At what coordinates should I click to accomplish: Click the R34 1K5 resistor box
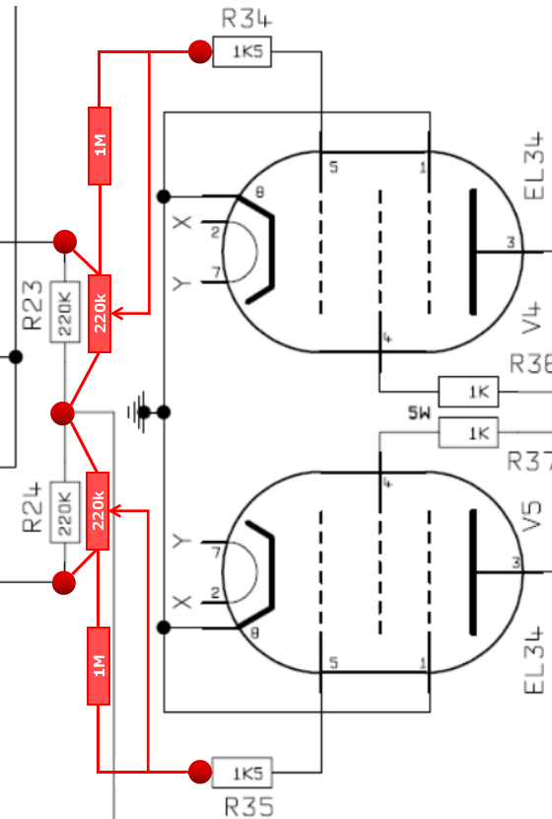click(242, 51)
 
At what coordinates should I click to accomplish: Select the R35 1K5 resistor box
click(242, 773)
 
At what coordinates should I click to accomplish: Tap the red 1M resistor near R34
click(100, 146)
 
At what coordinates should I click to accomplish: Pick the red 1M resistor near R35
click(99, 666)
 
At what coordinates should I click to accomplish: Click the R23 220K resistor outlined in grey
click(65, 312)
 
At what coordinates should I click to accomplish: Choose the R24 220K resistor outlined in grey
click(65, 512)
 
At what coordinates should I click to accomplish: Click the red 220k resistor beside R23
click(100, 314)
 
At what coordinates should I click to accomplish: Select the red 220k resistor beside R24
click(98, 511)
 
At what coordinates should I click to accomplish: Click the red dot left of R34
click(200, 51)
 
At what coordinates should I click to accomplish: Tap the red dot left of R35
click(200, 772)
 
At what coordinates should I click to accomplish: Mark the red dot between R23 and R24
click(63, 413)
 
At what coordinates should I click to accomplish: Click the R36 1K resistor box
click(468, 391)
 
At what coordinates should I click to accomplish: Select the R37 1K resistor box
click(468, 432)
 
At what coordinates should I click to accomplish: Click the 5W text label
click(420, 413)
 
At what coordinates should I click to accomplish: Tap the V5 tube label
click(531, 517)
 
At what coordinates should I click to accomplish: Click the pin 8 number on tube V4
click(259, 192)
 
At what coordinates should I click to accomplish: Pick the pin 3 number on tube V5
click(516, 562)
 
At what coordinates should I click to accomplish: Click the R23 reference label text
click(33, 306)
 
